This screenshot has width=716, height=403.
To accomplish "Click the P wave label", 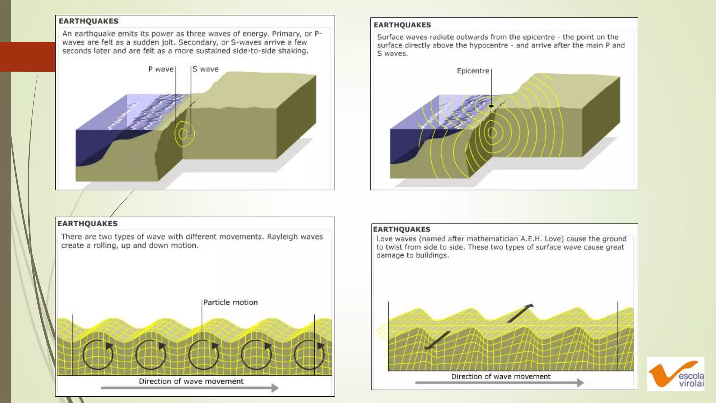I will point(161,69).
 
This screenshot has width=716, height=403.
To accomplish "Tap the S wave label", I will point(206,69).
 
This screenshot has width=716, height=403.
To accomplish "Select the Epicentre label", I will point(473,71).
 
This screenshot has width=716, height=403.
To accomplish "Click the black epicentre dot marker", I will point(491,106).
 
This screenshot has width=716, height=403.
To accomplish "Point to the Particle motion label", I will point(230,303).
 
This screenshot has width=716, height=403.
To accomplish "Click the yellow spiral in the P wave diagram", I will point(184,133).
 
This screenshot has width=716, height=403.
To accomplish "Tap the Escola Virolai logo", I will point(675,374).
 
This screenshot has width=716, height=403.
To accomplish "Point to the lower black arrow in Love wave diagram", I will point(437,340).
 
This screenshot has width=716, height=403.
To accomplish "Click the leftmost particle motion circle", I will point(98,355).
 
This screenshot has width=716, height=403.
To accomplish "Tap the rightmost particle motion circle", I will point(309,355).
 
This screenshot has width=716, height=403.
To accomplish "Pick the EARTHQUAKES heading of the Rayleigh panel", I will point(87,224).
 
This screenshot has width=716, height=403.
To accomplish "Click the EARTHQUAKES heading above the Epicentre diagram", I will point(402,25).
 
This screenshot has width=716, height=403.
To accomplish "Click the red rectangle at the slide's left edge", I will point(28,57).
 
